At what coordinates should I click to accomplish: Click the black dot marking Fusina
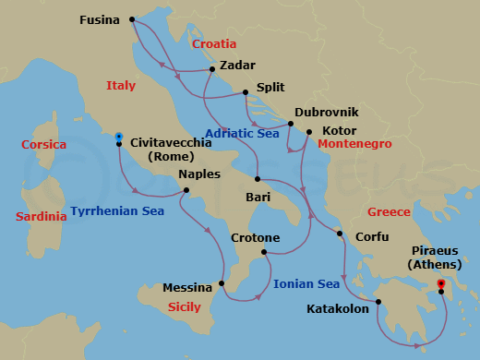tap(132, 18)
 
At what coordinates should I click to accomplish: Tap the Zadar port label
tap(238, 66)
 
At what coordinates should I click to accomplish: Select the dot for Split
tap(245, 91)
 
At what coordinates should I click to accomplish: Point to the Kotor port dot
tap(309, 131)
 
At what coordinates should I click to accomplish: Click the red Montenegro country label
tap(354, 145)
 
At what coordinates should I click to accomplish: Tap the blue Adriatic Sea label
tap(242, 134)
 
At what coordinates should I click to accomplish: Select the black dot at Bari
tap(258, 179)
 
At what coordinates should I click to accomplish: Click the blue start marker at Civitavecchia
tap(119, 138)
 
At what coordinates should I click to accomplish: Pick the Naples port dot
tap(186, 191)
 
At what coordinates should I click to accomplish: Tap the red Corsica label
tap(43, 145)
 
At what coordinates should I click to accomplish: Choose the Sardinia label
tap(41, 217)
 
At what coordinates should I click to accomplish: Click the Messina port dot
tap(222, 283)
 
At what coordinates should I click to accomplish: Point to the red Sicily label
tap(185, 306)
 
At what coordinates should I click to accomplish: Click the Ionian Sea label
tap(306, 284)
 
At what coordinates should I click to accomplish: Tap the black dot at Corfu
tap(340, 234)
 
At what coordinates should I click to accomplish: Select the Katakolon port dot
tap(378, 301)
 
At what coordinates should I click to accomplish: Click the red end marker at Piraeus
tap(441, 283)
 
